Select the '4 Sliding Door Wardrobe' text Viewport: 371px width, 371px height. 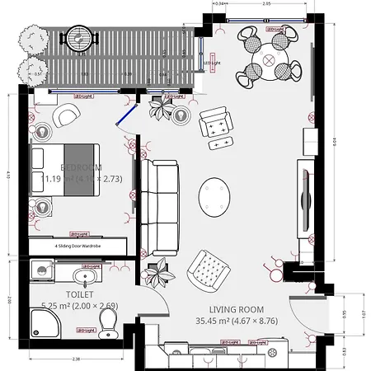(77, 245)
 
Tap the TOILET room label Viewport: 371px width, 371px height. (79, 294)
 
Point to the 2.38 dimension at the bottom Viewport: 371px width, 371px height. (76, 359)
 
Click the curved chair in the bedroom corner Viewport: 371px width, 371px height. (63, 119)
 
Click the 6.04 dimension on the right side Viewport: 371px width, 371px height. (334, 140)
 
